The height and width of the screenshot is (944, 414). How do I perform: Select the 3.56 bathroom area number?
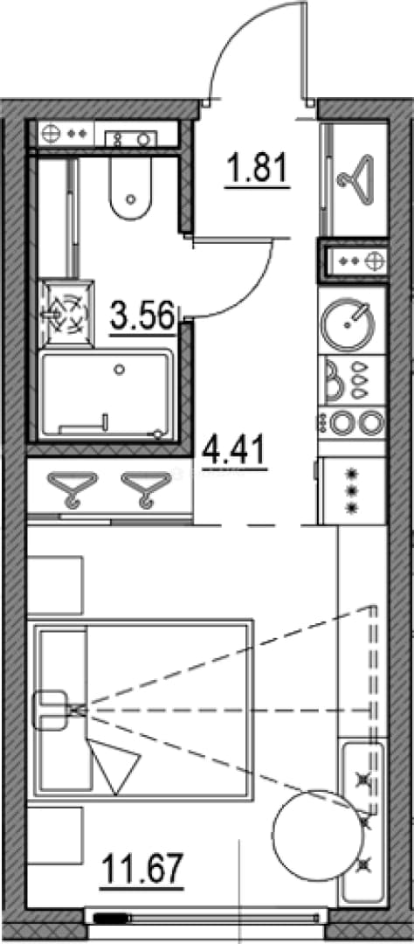pos(142,316)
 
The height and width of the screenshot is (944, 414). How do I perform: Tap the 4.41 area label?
pos(234,452)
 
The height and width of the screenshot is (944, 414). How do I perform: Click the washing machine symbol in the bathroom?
pos(66,312)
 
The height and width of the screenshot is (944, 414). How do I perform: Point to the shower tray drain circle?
pos(121,369)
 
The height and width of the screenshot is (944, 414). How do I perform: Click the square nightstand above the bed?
pos(54,586)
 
